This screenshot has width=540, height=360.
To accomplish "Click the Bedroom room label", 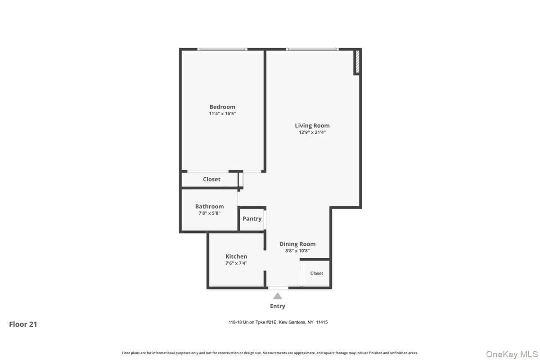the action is (x=222, y=107).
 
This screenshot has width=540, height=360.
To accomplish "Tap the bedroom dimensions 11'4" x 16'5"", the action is (x=222, y=113).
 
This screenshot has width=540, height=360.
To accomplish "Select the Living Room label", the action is (x=312, y=126).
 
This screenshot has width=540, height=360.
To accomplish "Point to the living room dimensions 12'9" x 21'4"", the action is (x=312, y=132).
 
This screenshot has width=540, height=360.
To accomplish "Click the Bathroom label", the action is (x=210, y=207).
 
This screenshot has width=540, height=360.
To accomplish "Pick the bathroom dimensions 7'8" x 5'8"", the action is (x=210, y=213).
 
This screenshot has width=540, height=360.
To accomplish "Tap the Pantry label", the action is (x=252, y=219).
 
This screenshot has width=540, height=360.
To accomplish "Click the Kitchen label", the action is (x=236, y=256).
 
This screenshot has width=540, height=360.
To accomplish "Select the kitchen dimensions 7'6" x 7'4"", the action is (x=236, y=263).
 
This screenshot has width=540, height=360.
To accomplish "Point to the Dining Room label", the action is (x=297, y=244).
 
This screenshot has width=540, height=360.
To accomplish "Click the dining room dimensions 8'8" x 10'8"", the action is (x=297, y=251).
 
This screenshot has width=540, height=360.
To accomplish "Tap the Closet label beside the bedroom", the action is (x=211, y=180).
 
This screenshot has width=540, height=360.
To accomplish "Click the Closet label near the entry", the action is (x=316, y=273).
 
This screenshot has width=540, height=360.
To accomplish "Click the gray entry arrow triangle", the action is (x=278, y=296).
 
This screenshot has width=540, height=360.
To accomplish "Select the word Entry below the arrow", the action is (x=278, y=306).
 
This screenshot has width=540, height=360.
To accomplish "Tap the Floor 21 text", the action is (x=23, y=324).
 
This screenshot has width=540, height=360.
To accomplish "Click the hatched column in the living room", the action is (x=358, y=62).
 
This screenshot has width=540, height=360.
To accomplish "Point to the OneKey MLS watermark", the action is (x=512, y=354).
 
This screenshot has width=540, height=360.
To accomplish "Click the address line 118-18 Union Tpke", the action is (x=278, y=322).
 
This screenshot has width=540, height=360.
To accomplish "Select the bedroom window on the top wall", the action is (x=222, y=49).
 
